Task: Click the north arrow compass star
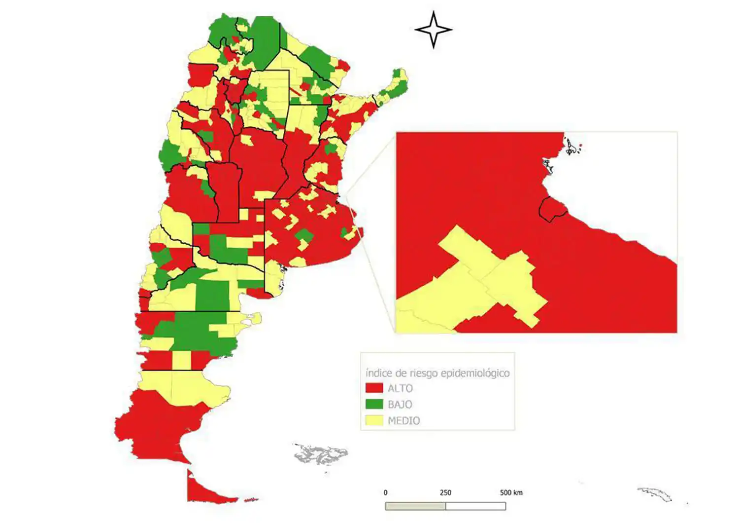433,30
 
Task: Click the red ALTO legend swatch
374,388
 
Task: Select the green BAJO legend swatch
374,404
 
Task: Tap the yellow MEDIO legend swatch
374,420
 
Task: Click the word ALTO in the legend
400,388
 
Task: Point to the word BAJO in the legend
400,405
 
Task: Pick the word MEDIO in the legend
403,421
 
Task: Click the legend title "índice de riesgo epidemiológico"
437,373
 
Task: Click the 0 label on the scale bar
385,492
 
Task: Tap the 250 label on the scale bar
445,492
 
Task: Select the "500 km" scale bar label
511,492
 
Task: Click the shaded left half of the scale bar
415,506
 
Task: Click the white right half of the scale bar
475,506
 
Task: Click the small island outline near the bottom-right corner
655,493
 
